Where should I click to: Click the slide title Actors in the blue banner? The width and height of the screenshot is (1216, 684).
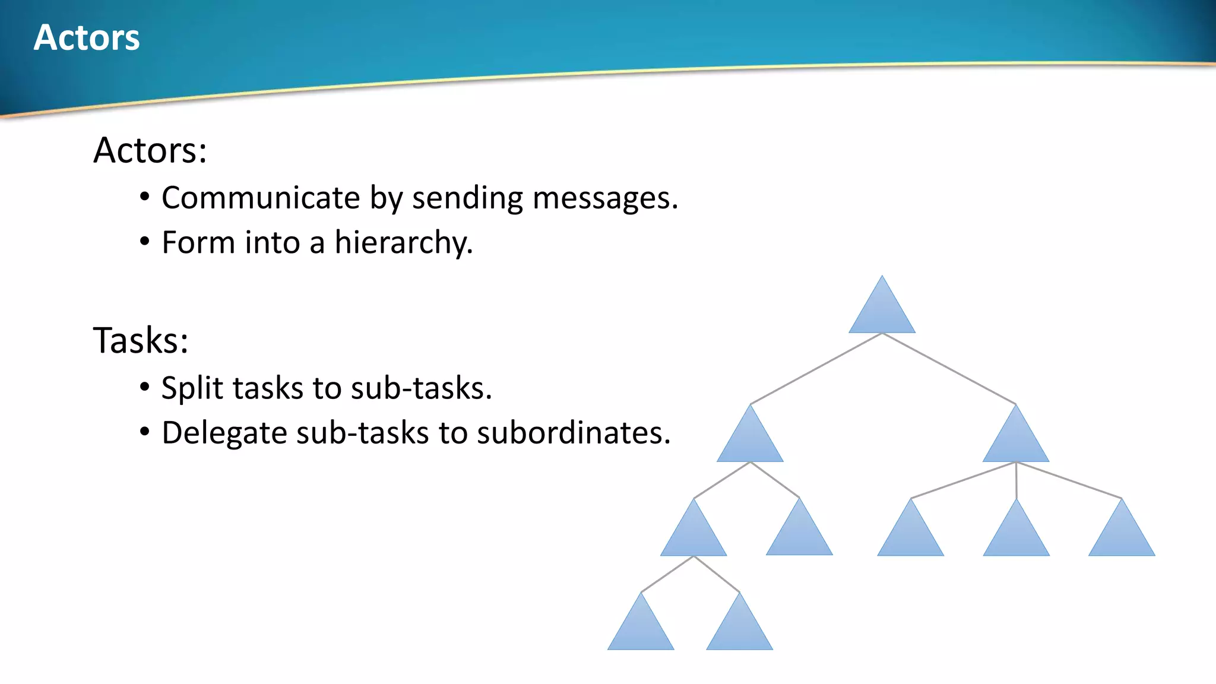pos(87,38)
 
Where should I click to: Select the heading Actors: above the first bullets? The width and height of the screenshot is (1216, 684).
pos(150,150)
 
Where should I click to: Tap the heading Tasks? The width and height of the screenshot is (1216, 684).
pos(141,341)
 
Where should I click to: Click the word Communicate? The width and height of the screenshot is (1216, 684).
pos(261,198)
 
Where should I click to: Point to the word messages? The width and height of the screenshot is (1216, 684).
pos(604,199)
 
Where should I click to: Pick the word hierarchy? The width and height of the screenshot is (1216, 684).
pos(403,243)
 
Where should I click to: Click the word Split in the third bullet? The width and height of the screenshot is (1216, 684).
pos(191,388)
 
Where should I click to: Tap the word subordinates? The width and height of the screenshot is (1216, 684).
pos(573,433)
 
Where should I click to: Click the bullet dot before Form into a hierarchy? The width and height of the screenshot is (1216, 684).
pos(145,242)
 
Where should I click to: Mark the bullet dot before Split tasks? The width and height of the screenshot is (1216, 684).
pos(145,387)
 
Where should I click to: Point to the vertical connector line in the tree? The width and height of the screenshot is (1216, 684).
pos(1016,480)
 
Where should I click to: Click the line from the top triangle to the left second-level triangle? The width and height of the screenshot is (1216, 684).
pos(816,369)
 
